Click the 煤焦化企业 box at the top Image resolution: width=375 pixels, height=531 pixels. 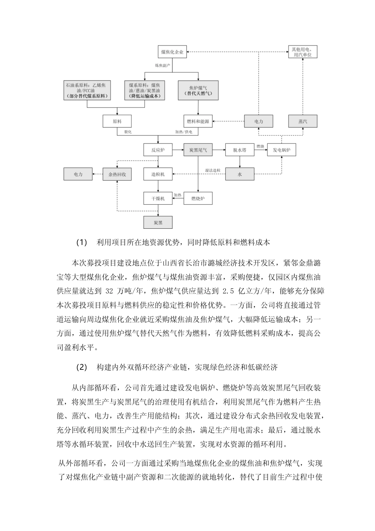pos(172,52)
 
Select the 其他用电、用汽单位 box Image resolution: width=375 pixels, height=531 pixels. pos(302,52)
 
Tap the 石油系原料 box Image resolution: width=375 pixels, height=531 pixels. pos(87,90)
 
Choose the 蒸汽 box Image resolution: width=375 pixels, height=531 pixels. pos(302,121)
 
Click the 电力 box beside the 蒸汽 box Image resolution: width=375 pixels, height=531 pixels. pos(259,121)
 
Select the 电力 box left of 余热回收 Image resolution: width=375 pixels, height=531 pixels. pos(78,174)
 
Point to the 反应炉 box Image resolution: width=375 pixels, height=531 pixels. pos(158,150)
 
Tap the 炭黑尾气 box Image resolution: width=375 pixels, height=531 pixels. pos(198,150)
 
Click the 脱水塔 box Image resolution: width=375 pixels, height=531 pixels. pos(240,150)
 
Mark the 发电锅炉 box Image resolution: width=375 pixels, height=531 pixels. pos(281,150)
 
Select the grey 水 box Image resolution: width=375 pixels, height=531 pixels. pos(240,174)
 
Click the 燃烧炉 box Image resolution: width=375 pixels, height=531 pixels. pos(198,198)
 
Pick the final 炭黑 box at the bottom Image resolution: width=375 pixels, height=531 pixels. pos(158,223)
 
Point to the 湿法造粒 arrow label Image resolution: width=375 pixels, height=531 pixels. pos(212,170)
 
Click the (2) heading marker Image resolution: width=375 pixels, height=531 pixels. pos(81,367)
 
